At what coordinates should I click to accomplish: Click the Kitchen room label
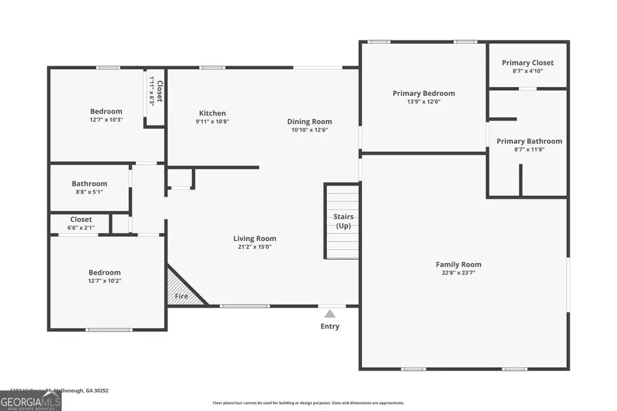pyautogui.click(x=213, y=114)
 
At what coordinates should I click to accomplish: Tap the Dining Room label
pyautogui.click(x=309, y=122)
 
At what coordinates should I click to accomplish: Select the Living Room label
pyautogui.click(x=254, y=239)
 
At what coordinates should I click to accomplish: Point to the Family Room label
pyautogui.click(x=459, y=264)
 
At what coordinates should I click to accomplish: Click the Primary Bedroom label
pyautogui.click(x=424, y=94)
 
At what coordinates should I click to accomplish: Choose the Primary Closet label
pyautogui.click(x=528, y=63)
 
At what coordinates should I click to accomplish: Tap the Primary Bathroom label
pyautogui.click(x=529, y=141)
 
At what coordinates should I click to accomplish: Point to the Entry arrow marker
pyautogui.click(x=330, y=313)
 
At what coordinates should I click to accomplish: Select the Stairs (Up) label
pyautogui.click(x=343, y=221)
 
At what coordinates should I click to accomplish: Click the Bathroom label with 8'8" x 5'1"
pyautogui.click(x=90, y=184)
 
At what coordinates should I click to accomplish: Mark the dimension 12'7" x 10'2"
pyautogui.click(x=104, y=281)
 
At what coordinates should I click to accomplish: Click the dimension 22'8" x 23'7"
pyautogui.click(x=459, y=273)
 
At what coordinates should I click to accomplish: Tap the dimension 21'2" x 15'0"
pyautogui.click(x=254, y=247)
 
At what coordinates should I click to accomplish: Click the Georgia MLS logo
pyautogui.click(x=31, y=401)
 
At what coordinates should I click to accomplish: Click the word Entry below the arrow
pyautogui.click(x=330, y=326)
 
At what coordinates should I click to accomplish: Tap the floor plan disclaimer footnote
pyautogui.click(x=308, y=403)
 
